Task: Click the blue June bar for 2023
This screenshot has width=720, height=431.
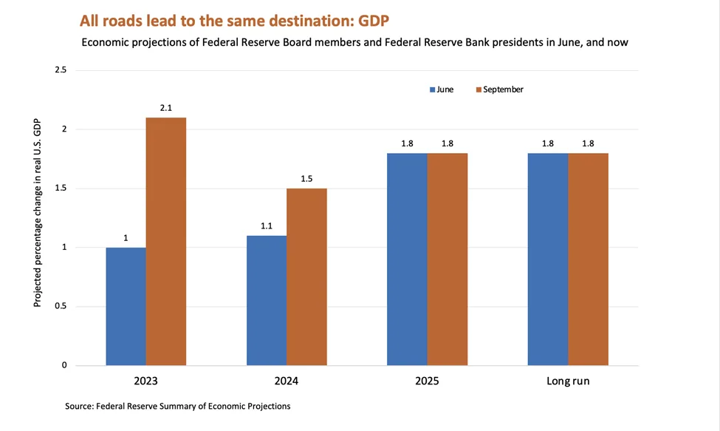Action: coord(126,307)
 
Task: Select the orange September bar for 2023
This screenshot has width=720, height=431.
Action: coord(166,242)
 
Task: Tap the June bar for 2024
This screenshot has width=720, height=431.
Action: coord(267,300)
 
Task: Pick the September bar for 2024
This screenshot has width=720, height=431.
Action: coord(306,277)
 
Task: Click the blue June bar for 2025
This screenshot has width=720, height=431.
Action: coord(408,259)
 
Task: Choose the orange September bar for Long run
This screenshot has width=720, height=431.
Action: coord(589,259)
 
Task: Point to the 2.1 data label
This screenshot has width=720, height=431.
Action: coord(165,108)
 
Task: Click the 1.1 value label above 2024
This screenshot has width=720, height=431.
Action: coord(267,226)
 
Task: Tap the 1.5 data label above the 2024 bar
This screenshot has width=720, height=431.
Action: coord(306,179)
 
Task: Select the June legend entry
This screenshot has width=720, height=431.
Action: coord(442,89)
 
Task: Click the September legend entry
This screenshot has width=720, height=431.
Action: coord(500,89)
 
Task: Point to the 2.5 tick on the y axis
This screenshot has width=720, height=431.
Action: coord(61,69)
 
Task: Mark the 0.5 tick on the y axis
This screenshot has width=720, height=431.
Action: coord(61,306)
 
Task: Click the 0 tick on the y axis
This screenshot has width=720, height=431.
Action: coord(64,365)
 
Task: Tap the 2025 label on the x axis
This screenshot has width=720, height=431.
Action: coord(427,381)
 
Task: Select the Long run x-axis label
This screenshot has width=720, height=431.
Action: coord(568,381)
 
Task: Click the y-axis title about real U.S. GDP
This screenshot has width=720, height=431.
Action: coord(37,213)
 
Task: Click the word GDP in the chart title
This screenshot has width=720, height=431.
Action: coord(374,21)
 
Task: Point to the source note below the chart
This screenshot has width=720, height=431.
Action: coord(178,406)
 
